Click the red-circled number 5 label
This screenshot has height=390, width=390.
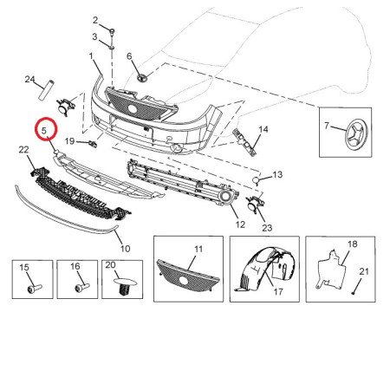[44, 131]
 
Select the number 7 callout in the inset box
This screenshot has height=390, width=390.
[327, 126]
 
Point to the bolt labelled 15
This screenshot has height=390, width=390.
[35, 289]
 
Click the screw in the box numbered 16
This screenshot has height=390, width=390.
[82, 288]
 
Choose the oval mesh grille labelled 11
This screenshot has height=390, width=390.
[188, 276]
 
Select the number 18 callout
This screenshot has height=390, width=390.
[353, 244]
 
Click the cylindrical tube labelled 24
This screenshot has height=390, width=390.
[47, 90]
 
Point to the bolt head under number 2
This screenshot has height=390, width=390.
[113, 30]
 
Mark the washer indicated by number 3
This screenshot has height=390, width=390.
[112, 47]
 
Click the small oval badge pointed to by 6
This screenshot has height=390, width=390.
[142, 77]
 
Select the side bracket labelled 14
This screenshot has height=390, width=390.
[244, 142]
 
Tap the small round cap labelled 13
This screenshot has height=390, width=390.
[256, 181]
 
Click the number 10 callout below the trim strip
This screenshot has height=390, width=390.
[125, 249]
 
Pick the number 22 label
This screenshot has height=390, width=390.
[23, 150]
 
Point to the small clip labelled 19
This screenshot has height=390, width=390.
[93, 144]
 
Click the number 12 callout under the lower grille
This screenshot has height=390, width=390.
[240, 224]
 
